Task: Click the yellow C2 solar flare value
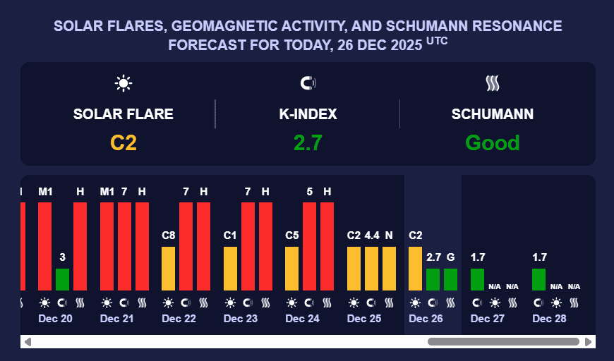point(123,143)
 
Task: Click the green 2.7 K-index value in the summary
point(308,143)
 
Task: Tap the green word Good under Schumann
point(492,143)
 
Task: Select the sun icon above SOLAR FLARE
point(124,83)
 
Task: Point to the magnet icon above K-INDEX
point(308,83)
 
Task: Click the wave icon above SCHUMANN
point(493,83)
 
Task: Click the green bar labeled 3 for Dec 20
point(62,279)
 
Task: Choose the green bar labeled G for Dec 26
point(450,279)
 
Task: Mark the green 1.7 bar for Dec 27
point(477,279)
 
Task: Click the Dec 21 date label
point(117,319)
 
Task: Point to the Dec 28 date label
point(549,319)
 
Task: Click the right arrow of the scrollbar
point(589,342)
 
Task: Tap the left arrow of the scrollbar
point(28,342)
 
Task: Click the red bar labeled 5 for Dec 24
point(309,246)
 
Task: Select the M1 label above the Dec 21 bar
point(107,192)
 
